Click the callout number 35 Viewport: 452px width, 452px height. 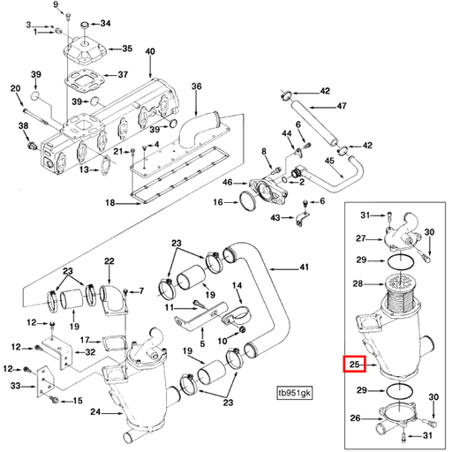(126, 48)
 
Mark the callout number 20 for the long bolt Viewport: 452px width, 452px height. (15, 88)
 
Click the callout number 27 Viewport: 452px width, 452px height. (360, 239)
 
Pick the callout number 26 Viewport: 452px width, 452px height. (356, 418)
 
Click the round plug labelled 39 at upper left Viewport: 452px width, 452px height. (36, 94)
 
